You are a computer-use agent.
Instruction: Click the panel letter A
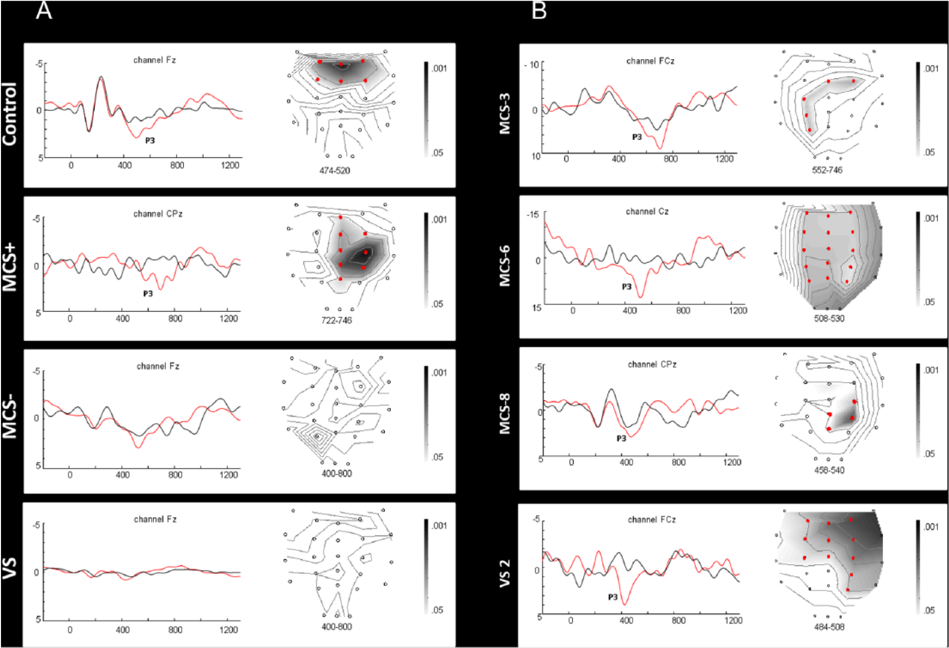44,10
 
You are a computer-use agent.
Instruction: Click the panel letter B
539,10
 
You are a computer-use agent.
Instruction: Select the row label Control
10,114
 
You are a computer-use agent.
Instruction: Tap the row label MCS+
10,268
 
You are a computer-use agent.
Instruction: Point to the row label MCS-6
505,266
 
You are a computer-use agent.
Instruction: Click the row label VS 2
505,573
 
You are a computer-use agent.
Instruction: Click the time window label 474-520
335,171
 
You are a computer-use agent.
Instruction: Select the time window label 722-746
337,320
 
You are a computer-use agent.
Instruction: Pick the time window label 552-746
827,170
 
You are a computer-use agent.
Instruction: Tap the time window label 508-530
829,318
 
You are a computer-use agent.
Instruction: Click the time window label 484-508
829,626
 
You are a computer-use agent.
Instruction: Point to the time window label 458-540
829,470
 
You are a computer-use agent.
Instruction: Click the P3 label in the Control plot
150,140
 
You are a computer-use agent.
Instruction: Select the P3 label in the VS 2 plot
613,597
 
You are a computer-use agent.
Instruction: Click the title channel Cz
647,212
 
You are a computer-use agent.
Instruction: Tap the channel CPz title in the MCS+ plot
158,214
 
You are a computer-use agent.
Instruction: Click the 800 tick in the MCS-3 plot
670,159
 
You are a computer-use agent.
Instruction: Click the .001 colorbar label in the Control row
439,68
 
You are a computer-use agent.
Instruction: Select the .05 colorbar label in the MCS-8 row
929,454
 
